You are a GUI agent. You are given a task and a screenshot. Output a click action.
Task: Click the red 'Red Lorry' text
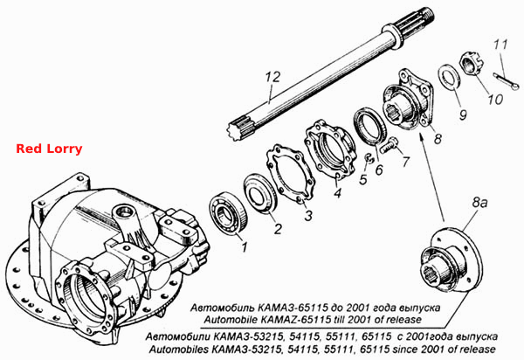[49, 149]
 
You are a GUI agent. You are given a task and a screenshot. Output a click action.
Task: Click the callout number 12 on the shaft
[272, 77]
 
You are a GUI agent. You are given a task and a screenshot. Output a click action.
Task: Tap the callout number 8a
[479, 203]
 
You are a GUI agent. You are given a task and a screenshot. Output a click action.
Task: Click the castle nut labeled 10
[470, 63]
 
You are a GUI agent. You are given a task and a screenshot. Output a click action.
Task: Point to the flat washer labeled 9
[450, 77]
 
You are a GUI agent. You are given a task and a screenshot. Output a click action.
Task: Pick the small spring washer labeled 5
[369, 158]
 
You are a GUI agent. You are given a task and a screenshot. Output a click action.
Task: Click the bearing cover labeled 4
[330, 148]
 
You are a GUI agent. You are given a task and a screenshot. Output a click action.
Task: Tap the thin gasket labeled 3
[291, 173]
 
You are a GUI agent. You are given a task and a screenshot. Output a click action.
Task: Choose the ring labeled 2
[260, 193]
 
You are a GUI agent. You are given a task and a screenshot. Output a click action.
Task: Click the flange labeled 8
[409, 100]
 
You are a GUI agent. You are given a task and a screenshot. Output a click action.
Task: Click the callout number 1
[245, 247]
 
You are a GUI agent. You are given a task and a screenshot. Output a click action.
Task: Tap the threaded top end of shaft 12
[425, 16]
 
